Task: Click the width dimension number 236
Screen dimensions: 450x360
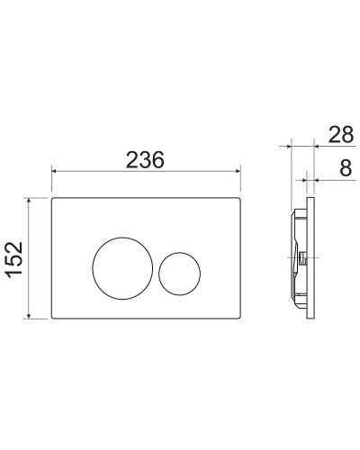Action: pos(144,159)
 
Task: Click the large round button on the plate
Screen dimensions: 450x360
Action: pos(121,263)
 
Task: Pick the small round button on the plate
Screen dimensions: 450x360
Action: pos(179,270)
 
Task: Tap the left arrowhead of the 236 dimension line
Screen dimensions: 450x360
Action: pos(55,170)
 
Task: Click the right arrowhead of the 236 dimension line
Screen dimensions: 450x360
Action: pos(237,170)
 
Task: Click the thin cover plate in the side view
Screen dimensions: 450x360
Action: pos(311,259)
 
